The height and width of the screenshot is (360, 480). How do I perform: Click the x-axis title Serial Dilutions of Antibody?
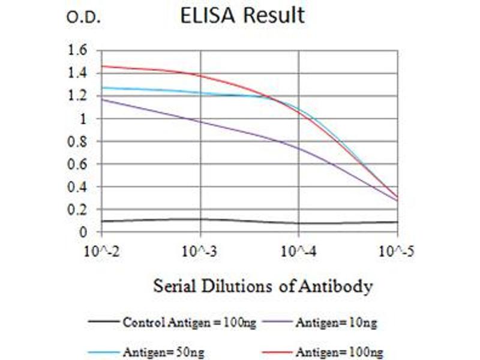(x=263, y=286)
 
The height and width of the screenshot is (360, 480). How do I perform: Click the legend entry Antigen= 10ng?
(x=336, y=323)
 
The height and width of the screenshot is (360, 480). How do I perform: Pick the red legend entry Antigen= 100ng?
(x=339, y=351)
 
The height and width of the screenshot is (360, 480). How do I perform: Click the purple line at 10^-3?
(x=201, y=122)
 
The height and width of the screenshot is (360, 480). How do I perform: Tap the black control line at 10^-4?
(x=299, y=223)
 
